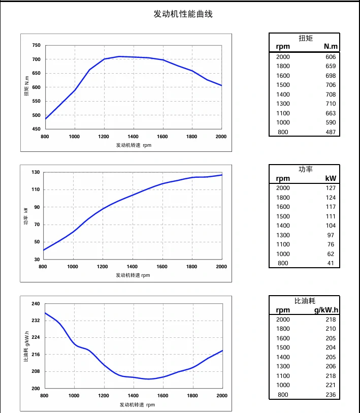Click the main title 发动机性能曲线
(183, 14)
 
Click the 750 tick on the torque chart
(36, 46)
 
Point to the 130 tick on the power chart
(35, 172)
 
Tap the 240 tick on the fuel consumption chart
(36, 304)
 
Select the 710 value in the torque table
(331, 104)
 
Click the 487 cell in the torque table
(331, 132)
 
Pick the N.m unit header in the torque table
(331, 47)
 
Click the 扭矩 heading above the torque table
(306, 38)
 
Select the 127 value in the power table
(331, 188)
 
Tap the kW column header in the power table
(331, 178)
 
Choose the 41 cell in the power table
(332, 263)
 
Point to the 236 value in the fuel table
(331, 395)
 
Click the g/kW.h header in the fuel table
(325, 310)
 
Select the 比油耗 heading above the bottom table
(305, 301)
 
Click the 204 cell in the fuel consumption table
(331, 347)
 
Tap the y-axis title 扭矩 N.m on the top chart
(27, 87)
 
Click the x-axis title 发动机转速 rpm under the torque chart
(134, 145)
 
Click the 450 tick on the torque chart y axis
(36, 129)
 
